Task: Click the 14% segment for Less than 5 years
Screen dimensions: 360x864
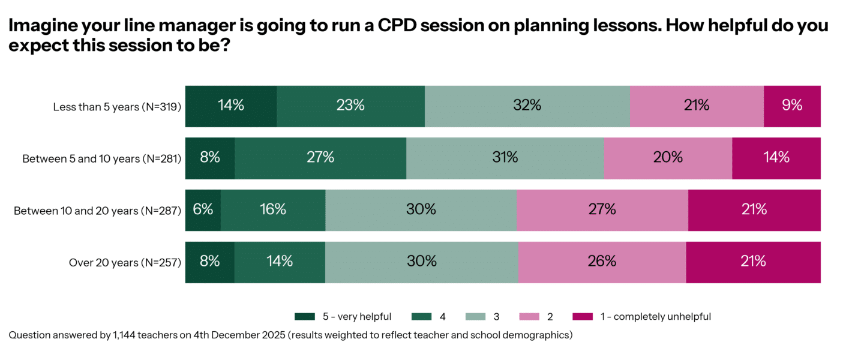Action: pos(231,106)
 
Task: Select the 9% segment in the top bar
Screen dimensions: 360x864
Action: pos(791,106)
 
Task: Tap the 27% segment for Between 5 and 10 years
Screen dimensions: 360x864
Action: pos(320,158)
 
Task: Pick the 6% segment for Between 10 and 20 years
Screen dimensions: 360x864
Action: pos(203,210)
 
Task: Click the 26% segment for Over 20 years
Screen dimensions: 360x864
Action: pos(602,262)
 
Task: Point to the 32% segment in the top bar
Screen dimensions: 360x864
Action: pos(527,106)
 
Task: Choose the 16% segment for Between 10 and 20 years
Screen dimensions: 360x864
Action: pos(273,210)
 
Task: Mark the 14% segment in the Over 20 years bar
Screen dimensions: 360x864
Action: pos(280,262)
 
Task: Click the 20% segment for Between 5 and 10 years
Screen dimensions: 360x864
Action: pos(668,158)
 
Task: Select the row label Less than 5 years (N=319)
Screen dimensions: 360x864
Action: pos(117,107)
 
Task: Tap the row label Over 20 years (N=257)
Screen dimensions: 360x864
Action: pos(125,262)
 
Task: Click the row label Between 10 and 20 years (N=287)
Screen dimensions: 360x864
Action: pos(97,211)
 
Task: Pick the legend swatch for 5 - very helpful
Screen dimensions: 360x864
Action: pos(305,316)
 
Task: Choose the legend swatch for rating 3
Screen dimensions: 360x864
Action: pos(475,316)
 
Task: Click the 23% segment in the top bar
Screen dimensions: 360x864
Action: pos(350,106)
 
